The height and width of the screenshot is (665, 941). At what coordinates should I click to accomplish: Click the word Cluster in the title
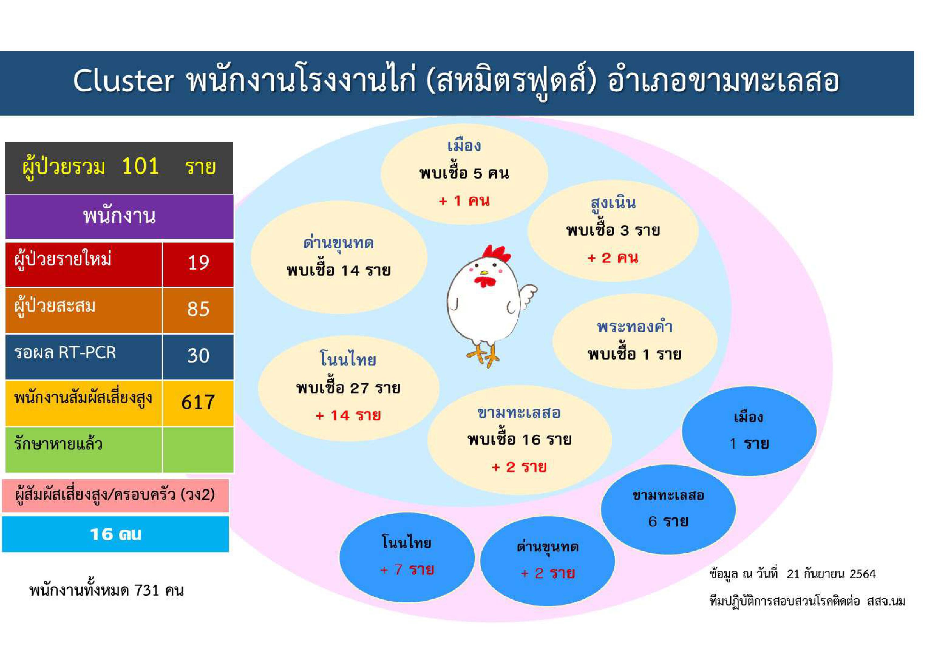[x=123, y=81]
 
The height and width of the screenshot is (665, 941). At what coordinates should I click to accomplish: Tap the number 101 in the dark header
[x=140, y=166]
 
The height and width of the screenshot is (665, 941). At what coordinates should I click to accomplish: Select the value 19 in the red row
[x=198, y=262]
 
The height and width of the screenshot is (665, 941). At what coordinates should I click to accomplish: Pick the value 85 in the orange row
[x=198, y=309]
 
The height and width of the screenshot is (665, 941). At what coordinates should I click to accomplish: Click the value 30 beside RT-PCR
[x=198, y=355]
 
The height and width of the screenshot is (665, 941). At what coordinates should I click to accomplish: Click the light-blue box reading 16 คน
[x=116, y=534]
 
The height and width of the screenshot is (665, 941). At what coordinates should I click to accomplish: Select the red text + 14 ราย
[x=348, y=415]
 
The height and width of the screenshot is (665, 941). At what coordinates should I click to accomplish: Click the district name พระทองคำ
[x=634, y=327]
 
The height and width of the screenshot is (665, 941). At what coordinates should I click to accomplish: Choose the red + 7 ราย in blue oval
[x=407, y=570]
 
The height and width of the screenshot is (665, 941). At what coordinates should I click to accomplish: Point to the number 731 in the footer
[x=147, y=590]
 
